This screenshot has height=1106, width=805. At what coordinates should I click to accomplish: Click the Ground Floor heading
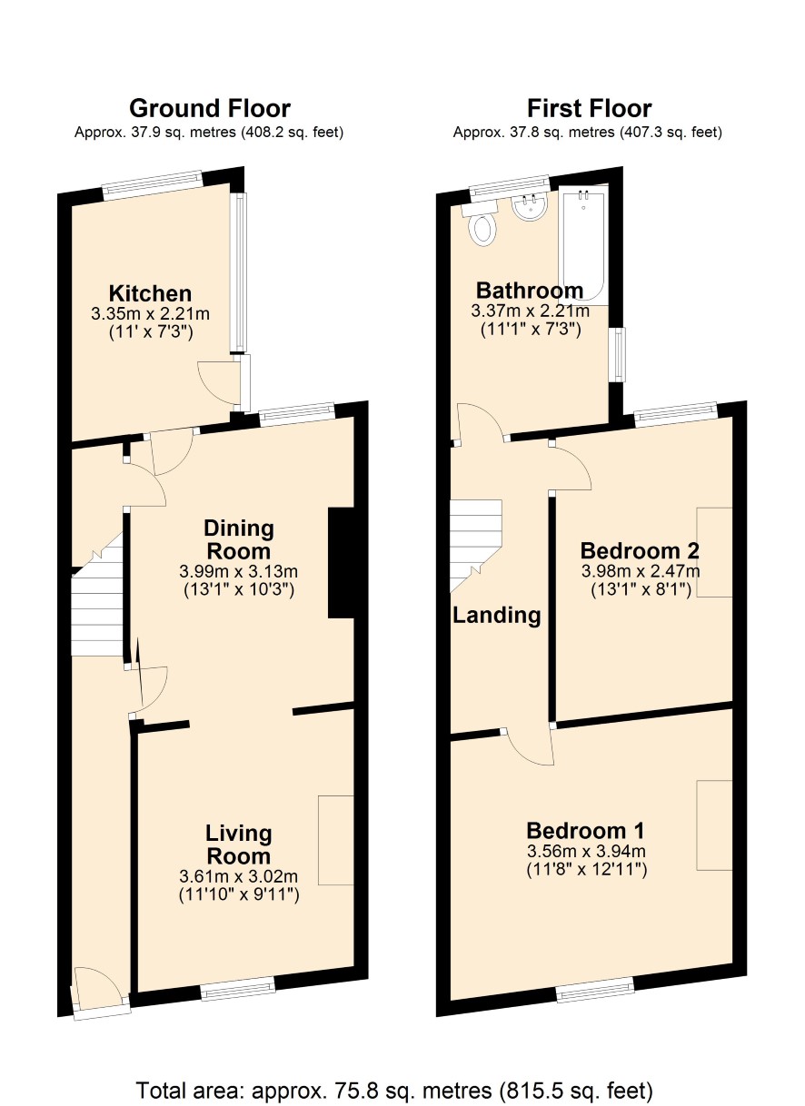click(210, 109)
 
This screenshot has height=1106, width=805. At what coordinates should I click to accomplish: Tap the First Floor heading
click(589, 109)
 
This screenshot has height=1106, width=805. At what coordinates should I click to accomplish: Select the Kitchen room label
click(150, 293)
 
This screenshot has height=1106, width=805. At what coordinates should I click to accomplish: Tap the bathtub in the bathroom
click(583, 245)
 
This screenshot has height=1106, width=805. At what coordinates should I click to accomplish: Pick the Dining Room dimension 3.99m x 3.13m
click(238, 572)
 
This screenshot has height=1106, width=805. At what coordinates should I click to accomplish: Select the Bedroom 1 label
click(586, 831)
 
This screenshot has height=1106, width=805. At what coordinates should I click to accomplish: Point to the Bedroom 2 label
click(640, 550)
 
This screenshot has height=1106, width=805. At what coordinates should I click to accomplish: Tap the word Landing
click(497, 616)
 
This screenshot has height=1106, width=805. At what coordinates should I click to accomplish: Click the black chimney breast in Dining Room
click(342, 563)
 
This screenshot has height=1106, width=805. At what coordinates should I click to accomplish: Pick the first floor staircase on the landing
click(476, 546)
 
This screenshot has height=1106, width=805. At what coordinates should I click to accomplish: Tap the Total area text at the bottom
click(394, 1091)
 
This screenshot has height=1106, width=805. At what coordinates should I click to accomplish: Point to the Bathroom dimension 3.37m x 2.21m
click(531, 311)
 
